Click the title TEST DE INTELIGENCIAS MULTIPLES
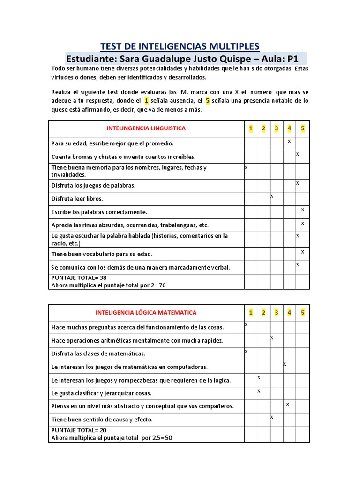(180, 46)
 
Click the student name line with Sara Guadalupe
(182, 59)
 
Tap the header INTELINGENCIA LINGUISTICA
(146, 128)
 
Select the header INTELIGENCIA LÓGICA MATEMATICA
(146, 312)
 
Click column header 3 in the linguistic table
(277, 128)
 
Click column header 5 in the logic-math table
(303, 313)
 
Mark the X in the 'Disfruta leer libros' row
(272, 196)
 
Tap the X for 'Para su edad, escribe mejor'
(289, 141)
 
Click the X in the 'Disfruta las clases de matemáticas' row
(246, 351)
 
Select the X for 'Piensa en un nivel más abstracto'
(288, 404)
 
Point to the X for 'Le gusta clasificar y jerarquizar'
(259, 390)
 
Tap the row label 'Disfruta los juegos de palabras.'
(93, 186)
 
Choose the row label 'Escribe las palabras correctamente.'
(99, 212)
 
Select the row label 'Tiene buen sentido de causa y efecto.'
(102, 420)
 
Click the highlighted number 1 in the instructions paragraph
(147, 101)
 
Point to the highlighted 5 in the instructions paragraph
(207, 101)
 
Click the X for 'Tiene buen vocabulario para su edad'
(302, 252)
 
